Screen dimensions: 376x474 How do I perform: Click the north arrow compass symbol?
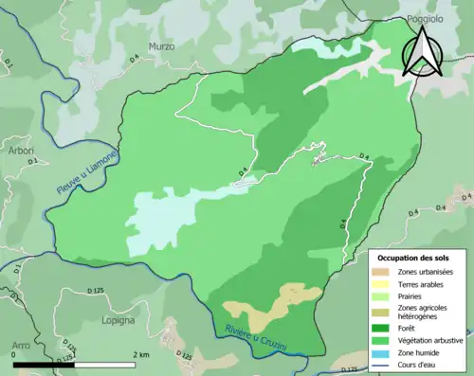click(421, 53)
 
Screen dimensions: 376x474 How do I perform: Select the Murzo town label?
click(162, 46)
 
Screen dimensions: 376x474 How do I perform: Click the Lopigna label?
click(118, 322)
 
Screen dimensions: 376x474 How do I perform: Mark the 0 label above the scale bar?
click(14, 355)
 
